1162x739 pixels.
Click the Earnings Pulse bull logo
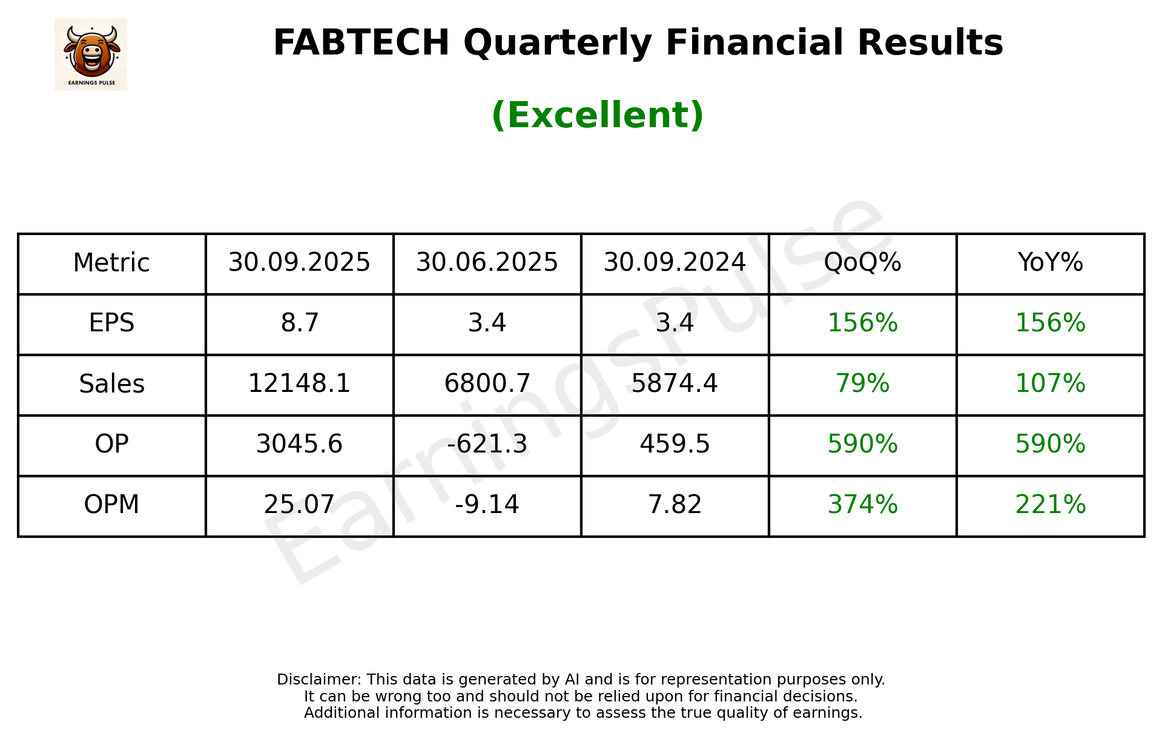coord(91,54)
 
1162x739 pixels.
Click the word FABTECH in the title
coord(361,43)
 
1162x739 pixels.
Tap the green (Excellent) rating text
coord(597,115)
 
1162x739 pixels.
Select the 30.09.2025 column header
coord(299,263)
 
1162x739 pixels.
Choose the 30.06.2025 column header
coord(487,263)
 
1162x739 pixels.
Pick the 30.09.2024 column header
coord(675,263)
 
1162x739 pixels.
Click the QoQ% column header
coord(862,263)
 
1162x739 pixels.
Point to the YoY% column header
coord(1050,263)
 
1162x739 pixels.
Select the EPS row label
coord(111,323)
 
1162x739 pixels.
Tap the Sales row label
coord(111,384)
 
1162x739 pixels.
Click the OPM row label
coord(111,505)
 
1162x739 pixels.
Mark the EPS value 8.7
coord(299,323)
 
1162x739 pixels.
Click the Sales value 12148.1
coord(299,383)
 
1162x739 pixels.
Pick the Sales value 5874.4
coord(675,383)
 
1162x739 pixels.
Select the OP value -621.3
coord(487,444)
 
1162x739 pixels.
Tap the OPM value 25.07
coord(299,505)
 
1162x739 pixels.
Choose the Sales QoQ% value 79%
coord(862,383)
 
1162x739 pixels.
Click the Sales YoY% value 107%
coord(1050,383)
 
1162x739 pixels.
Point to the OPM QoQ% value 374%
coord(862,505)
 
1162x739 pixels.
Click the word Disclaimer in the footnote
coord(319,680)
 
